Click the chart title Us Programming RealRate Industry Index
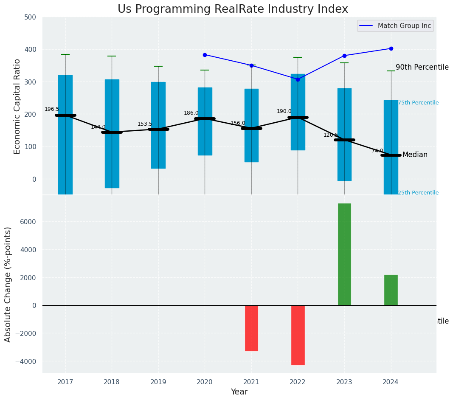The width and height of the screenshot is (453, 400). click(x=233, y=9)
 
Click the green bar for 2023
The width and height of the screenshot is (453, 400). click(x=344, y=254)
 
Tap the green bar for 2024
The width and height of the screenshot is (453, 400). click(x=391, y=290)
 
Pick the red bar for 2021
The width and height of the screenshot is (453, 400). click(x=251, y=328)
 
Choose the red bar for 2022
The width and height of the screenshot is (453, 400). click(x=298, y=335)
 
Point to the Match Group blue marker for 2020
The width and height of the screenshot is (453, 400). click(x=205, y=55)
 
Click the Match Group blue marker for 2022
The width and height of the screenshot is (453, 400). click(x=298, y=79)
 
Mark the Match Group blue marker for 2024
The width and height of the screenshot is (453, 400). click(x=391, y=48)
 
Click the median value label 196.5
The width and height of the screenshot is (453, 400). click(x=52, y=110)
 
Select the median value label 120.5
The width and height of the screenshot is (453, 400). click(x=331, y=135)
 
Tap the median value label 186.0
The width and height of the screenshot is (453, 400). click(x=191, y=113)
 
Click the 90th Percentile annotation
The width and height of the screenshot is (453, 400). click(x=422, y=67)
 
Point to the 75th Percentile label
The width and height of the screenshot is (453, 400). click(x=418, y=103)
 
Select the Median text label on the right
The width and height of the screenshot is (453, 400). click(x=415, y=155)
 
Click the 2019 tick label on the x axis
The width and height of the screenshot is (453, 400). click(x=158, y=382)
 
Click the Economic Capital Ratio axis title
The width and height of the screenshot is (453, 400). click(x=17, y=106)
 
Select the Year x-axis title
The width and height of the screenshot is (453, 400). click(x=239, y=392)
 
